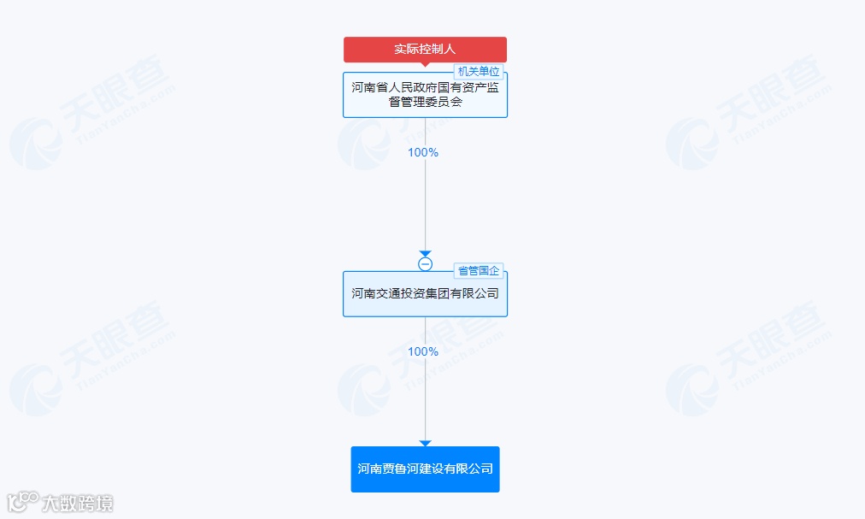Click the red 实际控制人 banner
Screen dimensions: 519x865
(425, 50)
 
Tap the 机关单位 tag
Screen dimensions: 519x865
(478, 72)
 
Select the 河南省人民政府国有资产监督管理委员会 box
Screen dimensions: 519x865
(425, 95)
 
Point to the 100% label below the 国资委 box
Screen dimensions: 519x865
(423, 152)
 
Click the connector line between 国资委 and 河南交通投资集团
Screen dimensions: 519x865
(425, 205)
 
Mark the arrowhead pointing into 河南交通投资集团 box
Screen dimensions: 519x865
(425, 254)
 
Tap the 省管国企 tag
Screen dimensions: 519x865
(479, 271)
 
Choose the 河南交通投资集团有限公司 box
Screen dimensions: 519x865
(425, 294)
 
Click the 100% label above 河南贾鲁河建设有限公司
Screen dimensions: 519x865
(423, 351)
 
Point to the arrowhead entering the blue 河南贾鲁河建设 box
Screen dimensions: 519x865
(425, 443)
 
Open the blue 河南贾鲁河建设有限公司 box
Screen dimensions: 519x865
(425, 469)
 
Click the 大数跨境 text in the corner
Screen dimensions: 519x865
(78, 504)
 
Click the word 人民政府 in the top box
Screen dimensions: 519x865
(412, 87)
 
